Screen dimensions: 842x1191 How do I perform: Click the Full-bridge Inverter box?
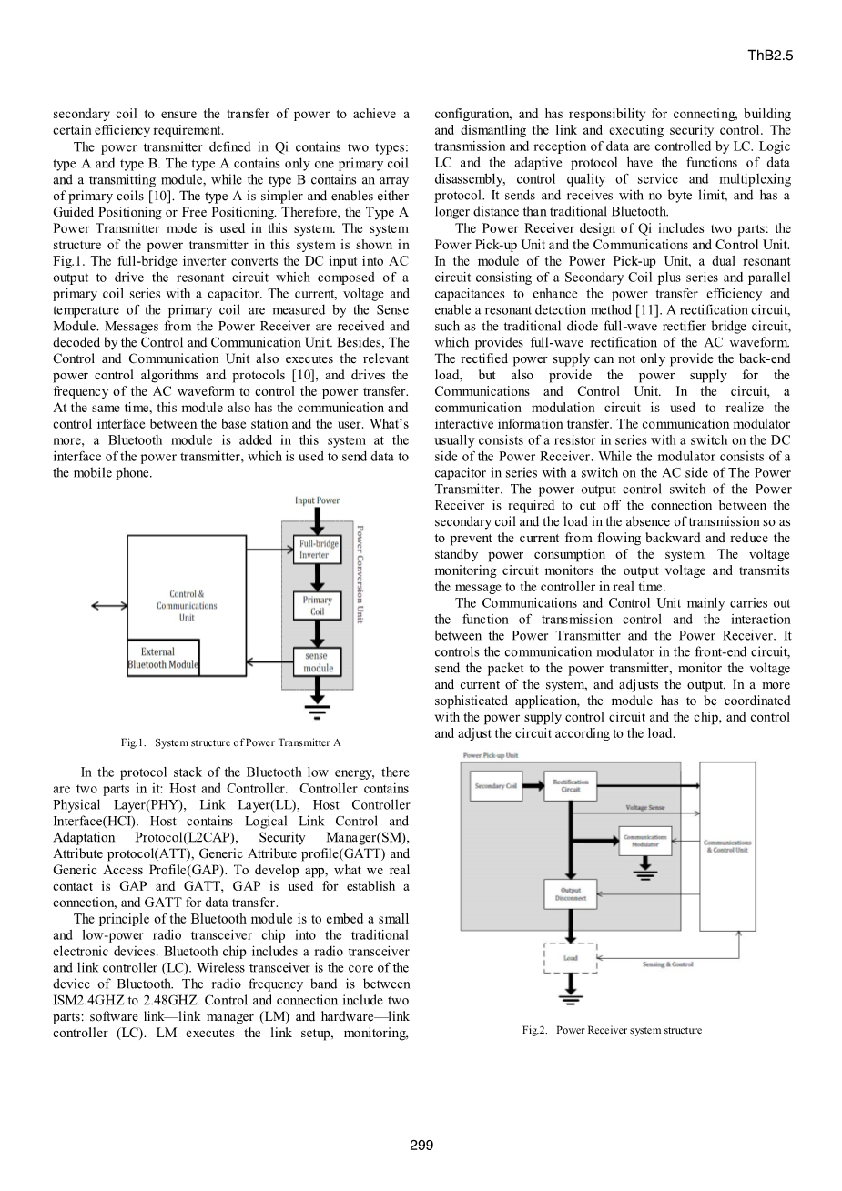317,550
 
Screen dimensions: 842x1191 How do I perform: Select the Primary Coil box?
317,606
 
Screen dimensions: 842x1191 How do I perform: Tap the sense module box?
317,662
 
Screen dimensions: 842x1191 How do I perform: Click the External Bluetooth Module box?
163,658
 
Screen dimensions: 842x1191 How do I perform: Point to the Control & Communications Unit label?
187,606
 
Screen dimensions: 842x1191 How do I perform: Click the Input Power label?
317,500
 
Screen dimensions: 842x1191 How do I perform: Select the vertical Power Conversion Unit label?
360,574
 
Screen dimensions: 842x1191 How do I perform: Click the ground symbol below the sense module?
317,712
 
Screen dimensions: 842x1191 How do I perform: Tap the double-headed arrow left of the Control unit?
109,605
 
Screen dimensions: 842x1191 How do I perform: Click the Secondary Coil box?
496,786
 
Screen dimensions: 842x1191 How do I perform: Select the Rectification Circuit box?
570,786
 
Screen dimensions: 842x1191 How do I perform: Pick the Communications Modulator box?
645,841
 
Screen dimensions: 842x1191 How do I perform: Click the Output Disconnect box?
570,894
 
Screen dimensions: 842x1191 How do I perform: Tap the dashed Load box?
570,958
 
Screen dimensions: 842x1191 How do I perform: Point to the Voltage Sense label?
645,808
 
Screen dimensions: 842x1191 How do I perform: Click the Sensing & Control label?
667,964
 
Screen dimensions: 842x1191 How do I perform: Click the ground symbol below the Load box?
570,998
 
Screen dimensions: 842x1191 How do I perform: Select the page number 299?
421,1145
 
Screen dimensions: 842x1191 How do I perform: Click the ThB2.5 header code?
770,56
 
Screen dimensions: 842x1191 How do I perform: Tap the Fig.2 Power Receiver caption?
612,1030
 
